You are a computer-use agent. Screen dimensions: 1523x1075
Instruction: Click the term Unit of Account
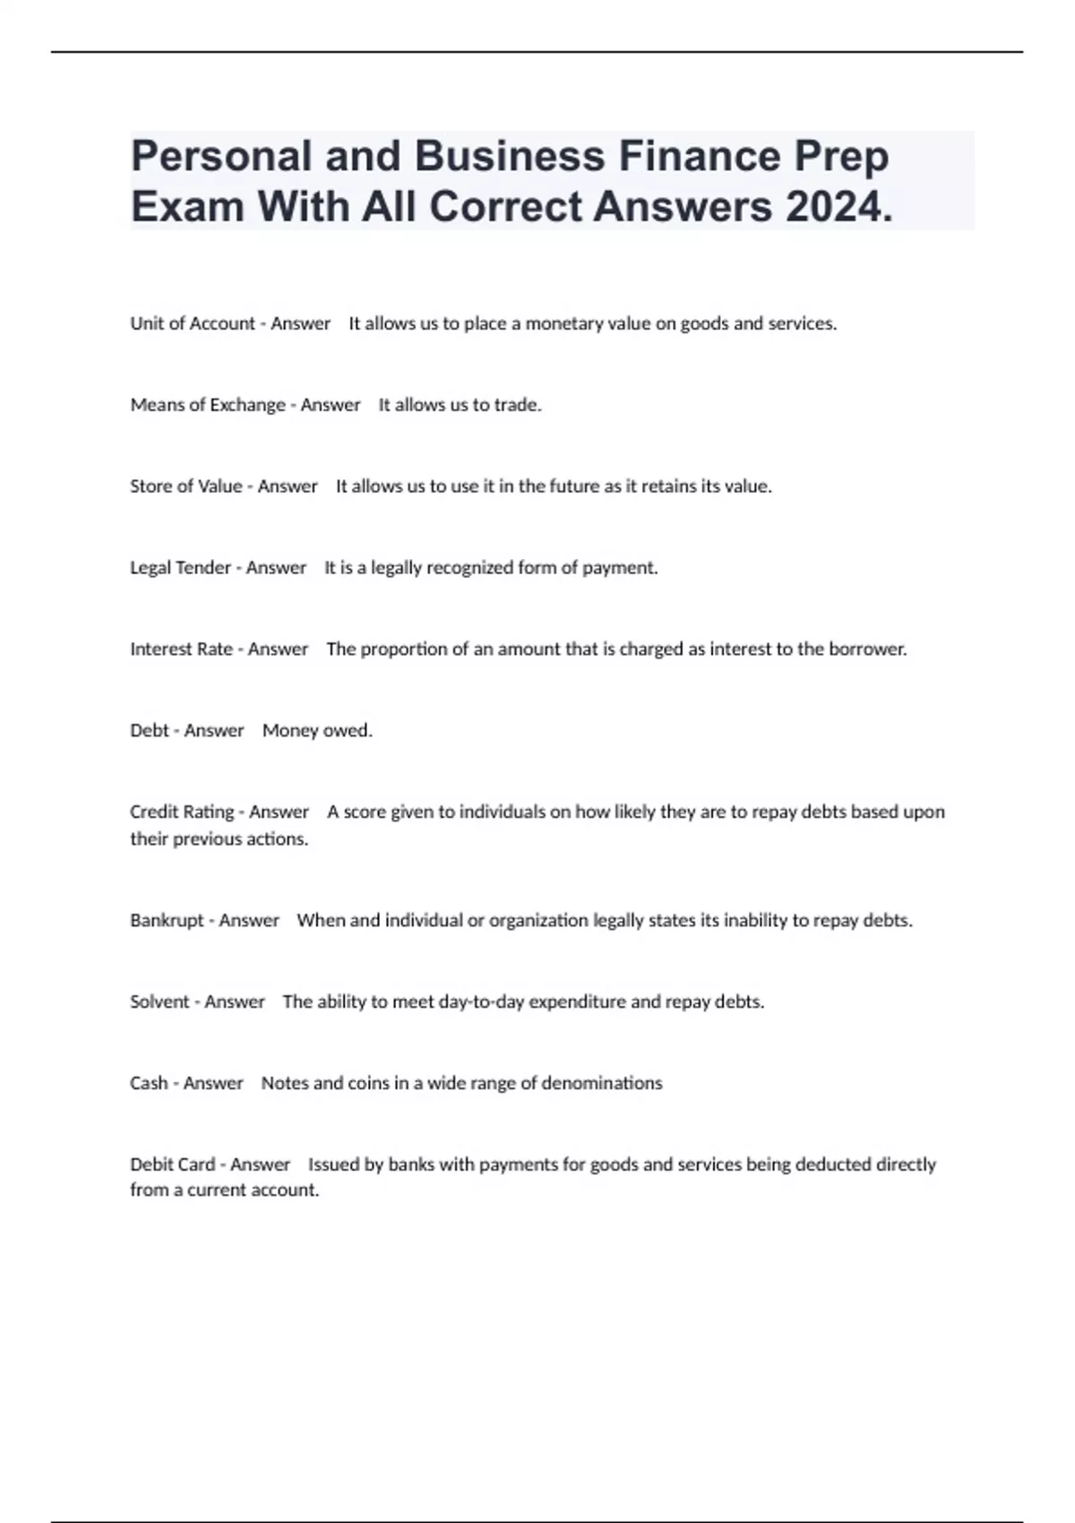coord(193,323)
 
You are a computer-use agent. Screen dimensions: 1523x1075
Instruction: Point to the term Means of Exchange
coord(208,405)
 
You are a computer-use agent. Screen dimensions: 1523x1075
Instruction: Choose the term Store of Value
coord(186,486)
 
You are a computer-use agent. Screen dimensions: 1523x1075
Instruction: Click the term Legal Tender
coord(181,568)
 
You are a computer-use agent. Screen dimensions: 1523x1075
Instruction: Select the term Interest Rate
coord(182,650)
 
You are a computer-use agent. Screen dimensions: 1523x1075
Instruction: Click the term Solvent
coord(160,1002)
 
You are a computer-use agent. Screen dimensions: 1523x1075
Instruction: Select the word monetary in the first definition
coord(564,323)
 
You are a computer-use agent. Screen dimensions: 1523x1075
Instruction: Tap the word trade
coord(518,405)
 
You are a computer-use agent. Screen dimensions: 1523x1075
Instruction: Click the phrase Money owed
coord(317,731)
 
